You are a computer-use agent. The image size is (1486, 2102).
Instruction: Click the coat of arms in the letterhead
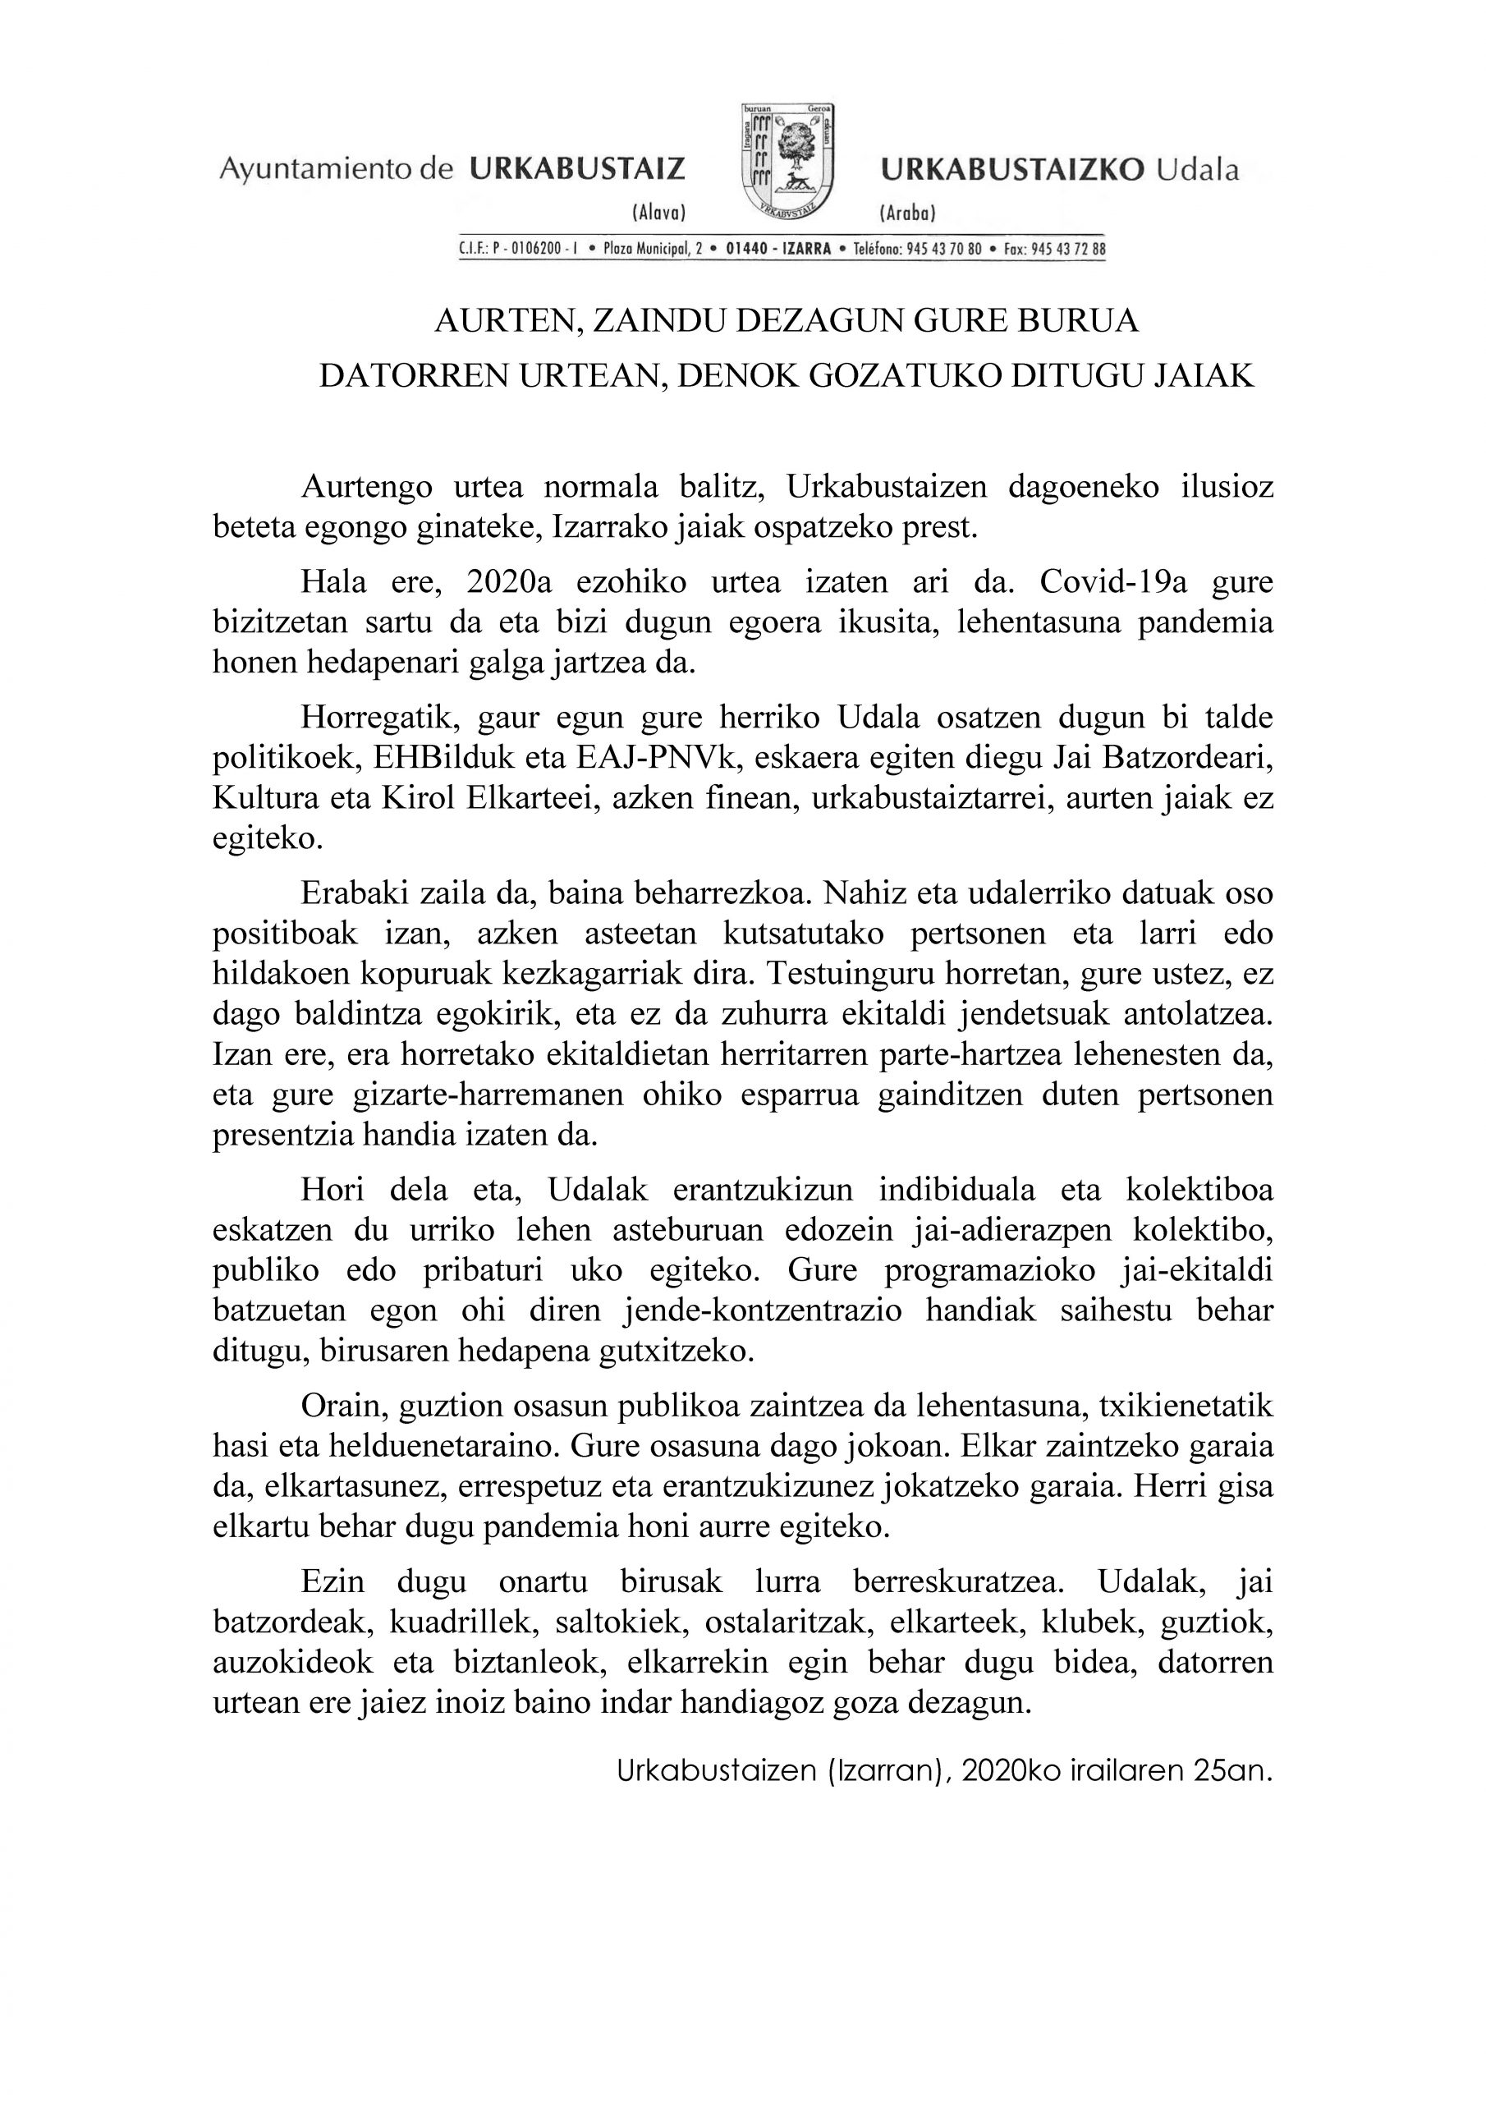788,161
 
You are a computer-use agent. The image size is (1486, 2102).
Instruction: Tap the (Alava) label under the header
658,213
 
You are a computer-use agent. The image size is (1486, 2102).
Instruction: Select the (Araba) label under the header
907,213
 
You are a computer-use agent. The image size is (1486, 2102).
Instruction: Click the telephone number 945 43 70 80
944,249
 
